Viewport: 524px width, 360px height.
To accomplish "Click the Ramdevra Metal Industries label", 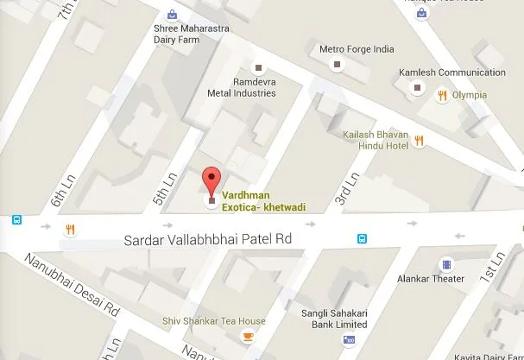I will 243,87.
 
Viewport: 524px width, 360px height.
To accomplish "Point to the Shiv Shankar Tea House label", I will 214,321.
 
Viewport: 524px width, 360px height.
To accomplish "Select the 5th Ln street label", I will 160,188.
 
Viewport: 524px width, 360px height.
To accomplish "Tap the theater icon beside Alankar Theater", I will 445,263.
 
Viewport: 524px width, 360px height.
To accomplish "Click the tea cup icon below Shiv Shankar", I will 249,337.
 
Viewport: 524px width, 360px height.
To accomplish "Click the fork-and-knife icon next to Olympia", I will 442,95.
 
